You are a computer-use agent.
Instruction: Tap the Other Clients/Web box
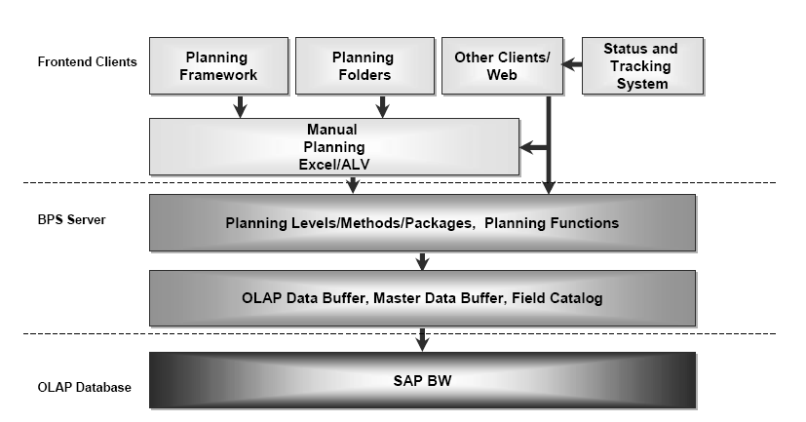(502, 66)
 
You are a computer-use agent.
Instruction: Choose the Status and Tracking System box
(640, 66)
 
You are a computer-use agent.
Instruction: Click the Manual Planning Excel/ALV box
(332, 146)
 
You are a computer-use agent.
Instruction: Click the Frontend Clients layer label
(87, 61)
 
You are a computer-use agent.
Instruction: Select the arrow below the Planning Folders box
(383, 106)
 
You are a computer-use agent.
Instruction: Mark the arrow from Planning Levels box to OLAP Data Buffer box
(422, 260)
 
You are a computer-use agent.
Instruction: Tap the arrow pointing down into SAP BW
(422, 338)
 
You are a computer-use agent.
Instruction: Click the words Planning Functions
(551, 223)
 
